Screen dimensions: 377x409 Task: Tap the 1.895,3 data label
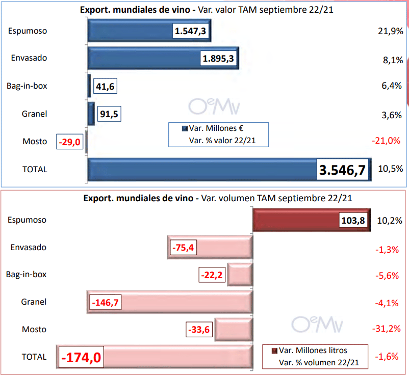tap(218, 59)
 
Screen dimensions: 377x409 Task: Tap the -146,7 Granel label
tap(105, 303)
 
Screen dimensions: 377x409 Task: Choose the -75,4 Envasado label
tap(183, 248)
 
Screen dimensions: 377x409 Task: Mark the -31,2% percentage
tap(388, 329)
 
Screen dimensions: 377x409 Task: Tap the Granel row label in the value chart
tap(35, 114)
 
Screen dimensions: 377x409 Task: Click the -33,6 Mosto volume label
tap(198, 330)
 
